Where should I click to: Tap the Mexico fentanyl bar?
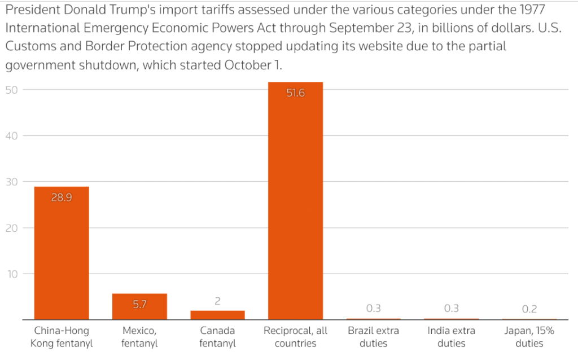coord(139,307)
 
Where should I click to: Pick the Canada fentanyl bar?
coord(217,315)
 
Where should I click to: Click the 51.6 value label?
coord(295,93)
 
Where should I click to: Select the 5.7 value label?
coord(139,304)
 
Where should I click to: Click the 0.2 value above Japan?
coord(529,309)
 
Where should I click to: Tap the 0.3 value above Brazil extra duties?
coord(373,308)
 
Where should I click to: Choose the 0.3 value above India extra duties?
coord(451,308)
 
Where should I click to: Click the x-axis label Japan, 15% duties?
coord(529,337)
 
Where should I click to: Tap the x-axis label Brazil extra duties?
coord(373,337)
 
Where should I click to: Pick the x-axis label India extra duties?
coord(451,337)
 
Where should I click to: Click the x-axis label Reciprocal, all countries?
coord(295,337)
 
